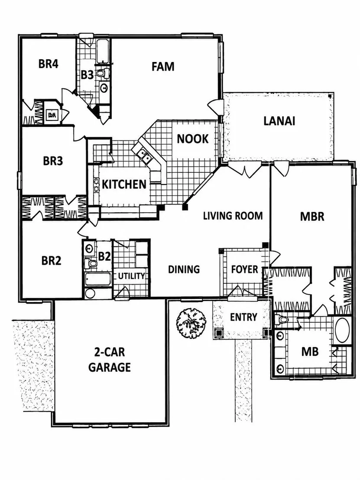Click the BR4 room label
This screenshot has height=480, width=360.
click(49, 64)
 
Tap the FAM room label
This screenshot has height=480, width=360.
click(163, 66)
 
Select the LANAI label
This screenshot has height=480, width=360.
click(279, 121)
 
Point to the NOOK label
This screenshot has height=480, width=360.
click(192, 139)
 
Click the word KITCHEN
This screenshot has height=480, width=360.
click(124, 184)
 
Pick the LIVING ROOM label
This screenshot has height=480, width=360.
click(233, 216)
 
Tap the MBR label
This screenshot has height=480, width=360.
click(312, 217)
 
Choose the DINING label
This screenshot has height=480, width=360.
click(184, 269)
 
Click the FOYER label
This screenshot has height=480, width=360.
click(245, 269)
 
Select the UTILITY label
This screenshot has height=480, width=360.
click(131, 276)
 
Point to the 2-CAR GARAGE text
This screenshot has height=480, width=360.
click(110, 360)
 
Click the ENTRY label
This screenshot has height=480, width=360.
click(243, 317)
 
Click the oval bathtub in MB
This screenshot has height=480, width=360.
click(342, 330)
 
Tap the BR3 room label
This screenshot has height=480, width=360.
click(53, 161)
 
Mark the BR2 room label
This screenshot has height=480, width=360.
click(51, 261)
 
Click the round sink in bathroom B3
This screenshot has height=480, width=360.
click(104, 88)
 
